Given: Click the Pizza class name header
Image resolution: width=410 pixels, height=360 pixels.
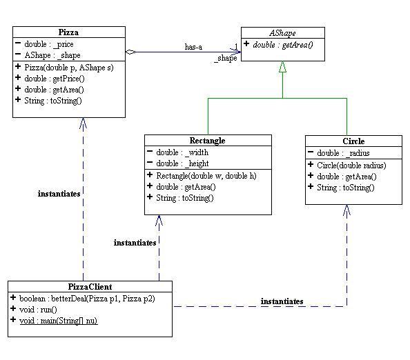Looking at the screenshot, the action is (68, 32).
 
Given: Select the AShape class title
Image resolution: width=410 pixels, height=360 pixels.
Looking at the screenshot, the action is (283, 33).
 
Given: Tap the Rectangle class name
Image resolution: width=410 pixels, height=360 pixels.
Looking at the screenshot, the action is (207, 141).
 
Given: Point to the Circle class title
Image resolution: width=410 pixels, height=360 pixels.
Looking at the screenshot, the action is (353, 141).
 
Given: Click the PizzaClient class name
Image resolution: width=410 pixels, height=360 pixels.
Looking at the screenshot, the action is (90, 287).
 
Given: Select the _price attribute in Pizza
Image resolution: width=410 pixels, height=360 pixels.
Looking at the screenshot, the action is (49, 44).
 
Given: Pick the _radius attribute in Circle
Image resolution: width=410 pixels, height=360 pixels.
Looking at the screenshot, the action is (343, 153).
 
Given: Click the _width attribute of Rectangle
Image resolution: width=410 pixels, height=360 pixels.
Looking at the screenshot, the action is (182, 152).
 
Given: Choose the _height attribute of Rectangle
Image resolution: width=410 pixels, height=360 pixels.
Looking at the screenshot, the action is (182, 163).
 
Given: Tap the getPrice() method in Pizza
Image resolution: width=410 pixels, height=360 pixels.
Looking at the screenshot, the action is (55, 79).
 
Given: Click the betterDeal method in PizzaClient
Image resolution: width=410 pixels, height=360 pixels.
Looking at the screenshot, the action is (87, 299).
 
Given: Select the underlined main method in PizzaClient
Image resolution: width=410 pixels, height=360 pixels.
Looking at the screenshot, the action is (58, 321).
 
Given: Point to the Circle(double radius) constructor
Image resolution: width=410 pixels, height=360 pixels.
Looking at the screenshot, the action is (351, 166).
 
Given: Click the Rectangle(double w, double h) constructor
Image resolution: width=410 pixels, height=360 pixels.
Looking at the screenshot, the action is (206, 176).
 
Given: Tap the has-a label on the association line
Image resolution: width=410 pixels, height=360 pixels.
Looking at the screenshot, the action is (193, 47).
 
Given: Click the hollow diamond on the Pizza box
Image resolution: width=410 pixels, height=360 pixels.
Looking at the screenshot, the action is (130, 52).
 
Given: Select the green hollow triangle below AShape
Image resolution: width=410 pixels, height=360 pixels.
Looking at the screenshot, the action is (283, 67).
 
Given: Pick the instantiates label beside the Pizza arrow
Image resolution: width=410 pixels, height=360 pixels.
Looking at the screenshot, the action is (59, 194).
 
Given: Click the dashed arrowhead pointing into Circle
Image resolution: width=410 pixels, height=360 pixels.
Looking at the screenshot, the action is (346, 210).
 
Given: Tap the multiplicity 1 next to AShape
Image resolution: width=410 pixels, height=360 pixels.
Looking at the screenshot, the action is (236, 46).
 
